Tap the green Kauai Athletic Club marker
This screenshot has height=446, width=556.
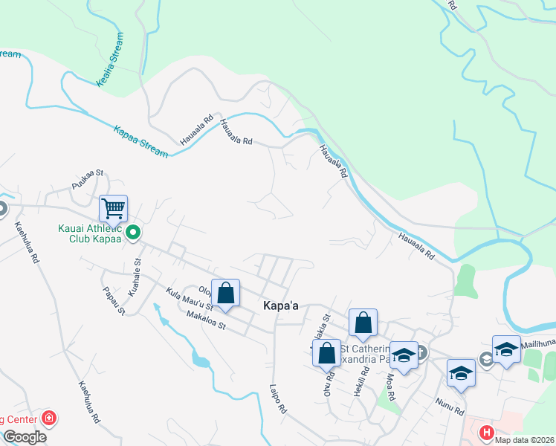[x=133, y=233]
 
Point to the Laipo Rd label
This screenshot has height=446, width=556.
[x=279, y=398]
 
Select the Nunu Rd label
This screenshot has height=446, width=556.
[x=450, y=406]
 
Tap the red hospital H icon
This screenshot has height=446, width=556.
[x=486, y=432]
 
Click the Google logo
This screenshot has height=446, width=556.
[x=24, y=437]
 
